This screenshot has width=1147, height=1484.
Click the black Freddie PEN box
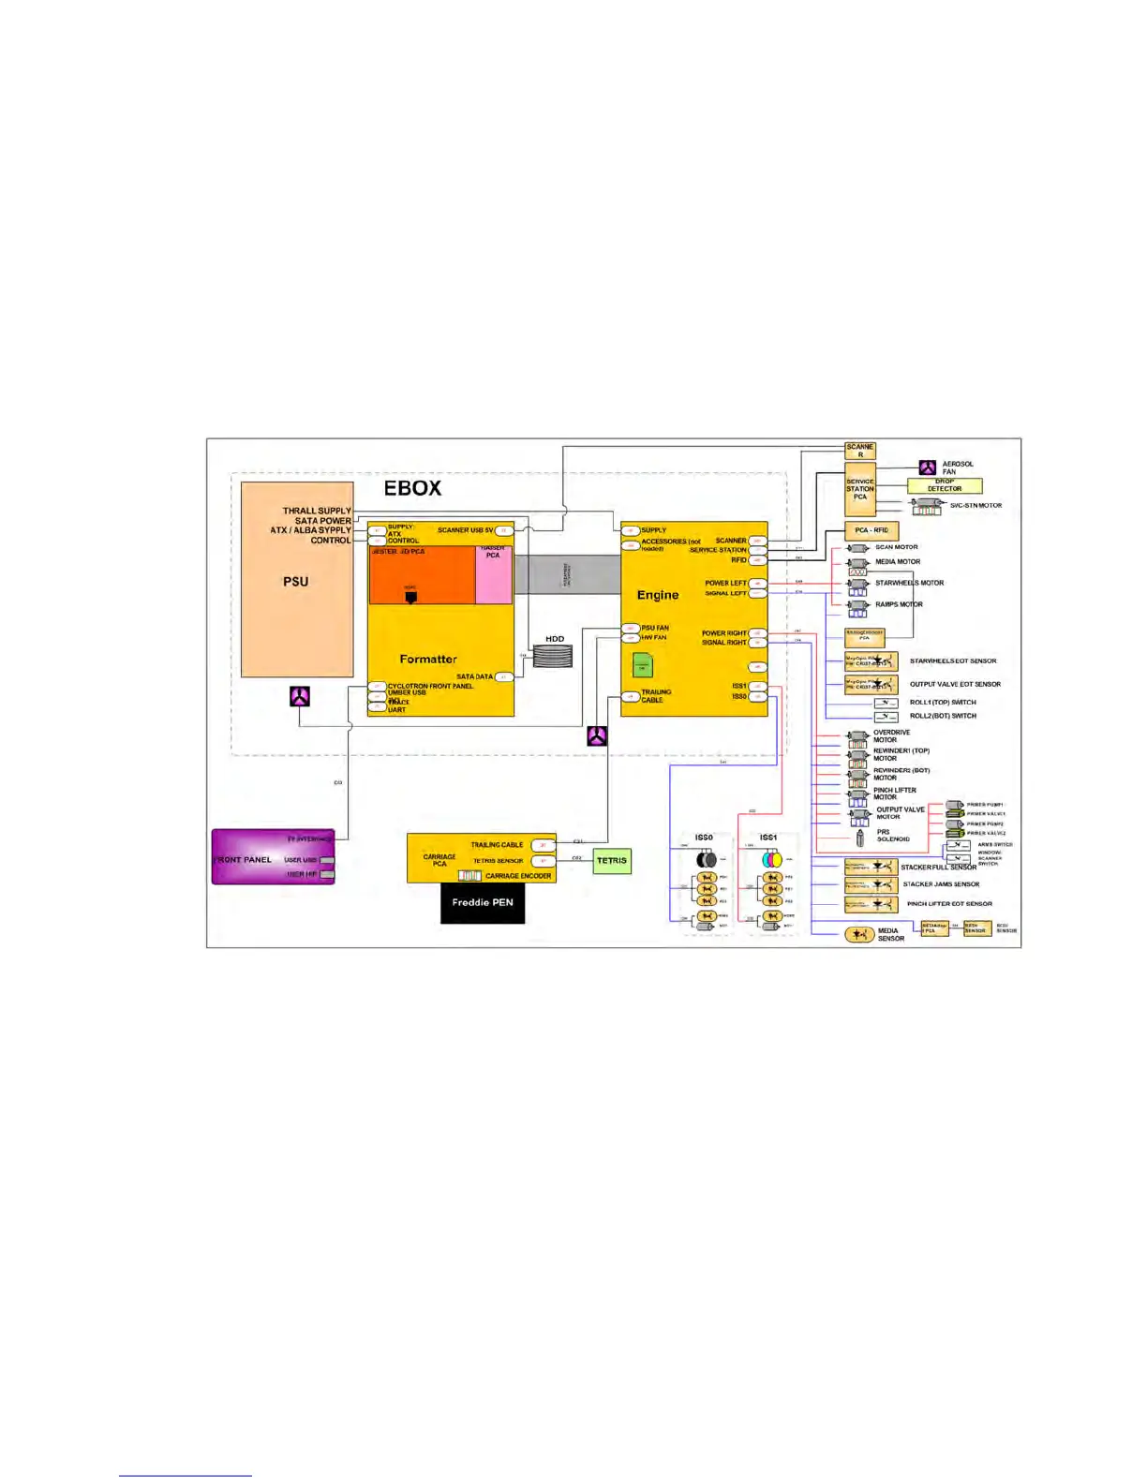483,903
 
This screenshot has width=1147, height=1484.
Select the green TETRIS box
612,861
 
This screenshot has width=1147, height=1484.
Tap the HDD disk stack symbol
553,656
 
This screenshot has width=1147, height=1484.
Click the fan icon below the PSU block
299,696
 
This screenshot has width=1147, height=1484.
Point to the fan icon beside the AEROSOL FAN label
927,467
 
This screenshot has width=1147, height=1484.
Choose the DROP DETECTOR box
945,485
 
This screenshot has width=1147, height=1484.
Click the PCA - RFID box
871,530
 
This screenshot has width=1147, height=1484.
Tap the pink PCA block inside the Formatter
494,574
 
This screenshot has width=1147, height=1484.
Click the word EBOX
412,488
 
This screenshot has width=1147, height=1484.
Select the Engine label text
658,595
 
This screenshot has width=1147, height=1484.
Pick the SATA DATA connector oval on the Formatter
504,676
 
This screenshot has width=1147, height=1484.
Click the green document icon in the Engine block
643,665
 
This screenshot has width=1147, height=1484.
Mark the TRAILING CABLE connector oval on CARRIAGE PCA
543,845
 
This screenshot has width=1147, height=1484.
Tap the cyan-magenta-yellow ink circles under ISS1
771,859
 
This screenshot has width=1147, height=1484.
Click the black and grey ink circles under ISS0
707,859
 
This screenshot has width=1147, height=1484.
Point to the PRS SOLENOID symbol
860,837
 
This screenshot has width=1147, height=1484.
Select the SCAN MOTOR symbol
857,548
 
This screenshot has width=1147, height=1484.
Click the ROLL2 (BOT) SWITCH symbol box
886,717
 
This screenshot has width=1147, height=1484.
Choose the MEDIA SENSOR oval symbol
859,934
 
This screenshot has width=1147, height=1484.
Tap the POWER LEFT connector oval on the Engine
758,584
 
